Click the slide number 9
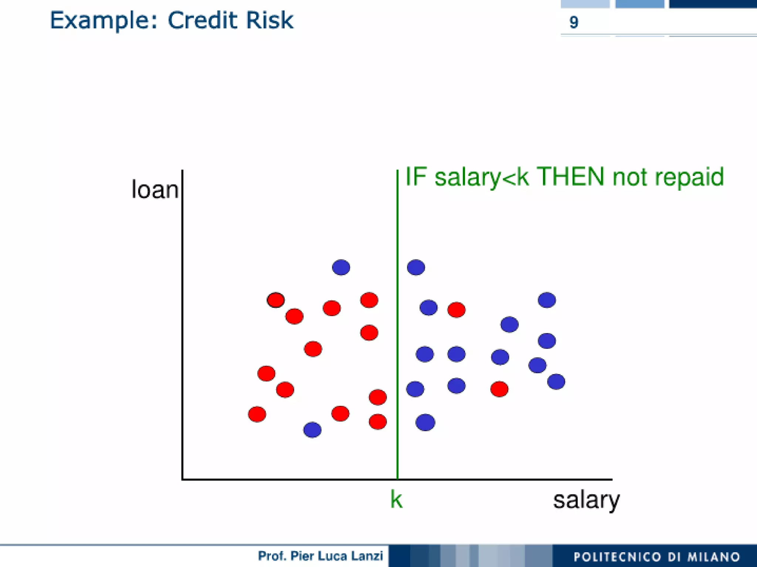[574, 22]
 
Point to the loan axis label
[155, 190]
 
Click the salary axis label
[586, 500]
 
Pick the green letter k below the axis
[396, 500]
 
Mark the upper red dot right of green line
[456, 310]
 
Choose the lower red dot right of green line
[499, 389]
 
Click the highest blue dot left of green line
[341, 267]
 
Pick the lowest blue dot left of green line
[312, 430]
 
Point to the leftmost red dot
[257, 414]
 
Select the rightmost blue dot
[556, 382]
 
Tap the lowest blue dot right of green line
[425, 422]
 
